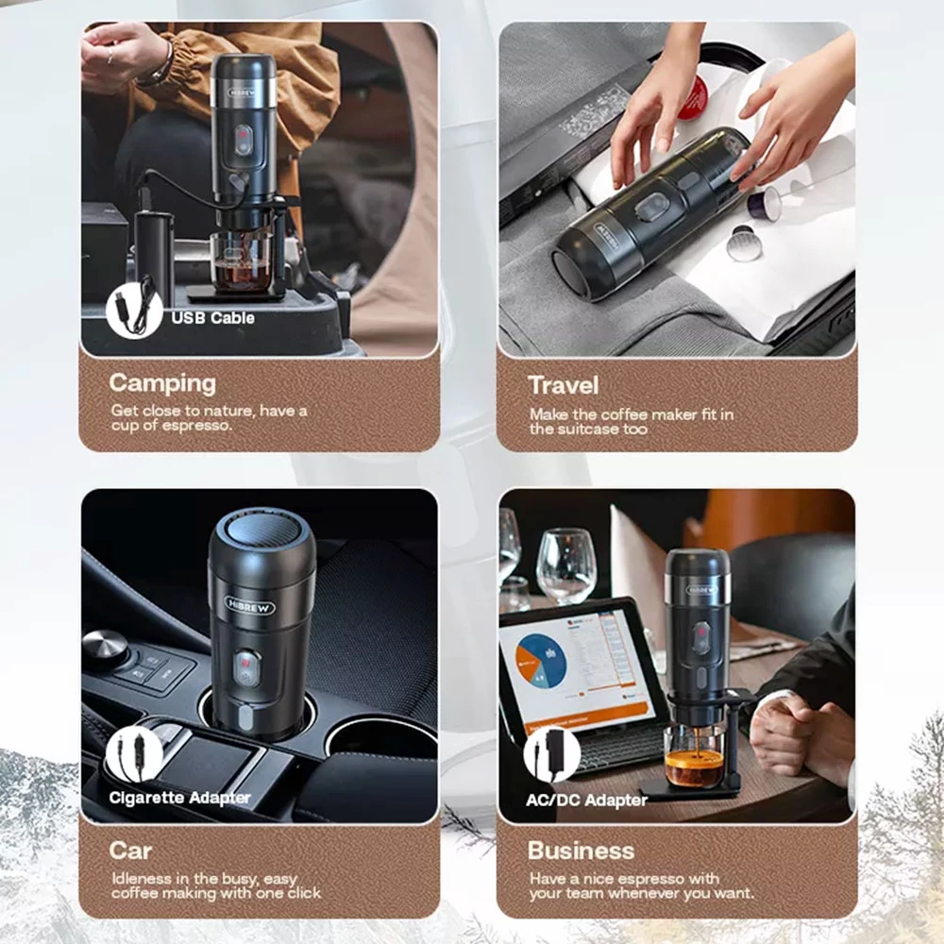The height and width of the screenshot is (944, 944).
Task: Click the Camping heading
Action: tap(162, 384)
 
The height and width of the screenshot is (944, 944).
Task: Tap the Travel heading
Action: tap(563, 386)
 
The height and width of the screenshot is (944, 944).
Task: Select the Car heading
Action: tap(130, 851)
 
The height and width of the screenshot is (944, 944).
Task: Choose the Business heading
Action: tap(581, 851)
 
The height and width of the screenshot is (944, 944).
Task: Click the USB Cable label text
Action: tap(212, 318)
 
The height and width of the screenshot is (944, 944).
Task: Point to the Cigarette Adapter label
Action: tap(179, 798)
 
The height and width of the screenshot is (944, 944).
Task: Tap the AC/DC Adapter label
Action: tap(586, 801)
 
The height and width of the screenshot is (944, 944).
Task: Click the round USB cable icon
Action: tap(134, 310)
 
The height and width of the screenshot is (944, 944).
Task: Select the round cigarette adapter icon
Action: tap(134, 753)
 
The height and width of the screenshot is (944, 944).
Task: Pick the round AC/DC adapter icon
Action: tap(551, 753)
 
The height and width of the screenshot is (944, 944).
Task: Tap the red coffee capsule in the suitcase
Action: tap(692, 96)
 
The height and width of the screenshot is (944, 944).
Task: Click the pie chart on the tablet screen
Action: tap(541, 661)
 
